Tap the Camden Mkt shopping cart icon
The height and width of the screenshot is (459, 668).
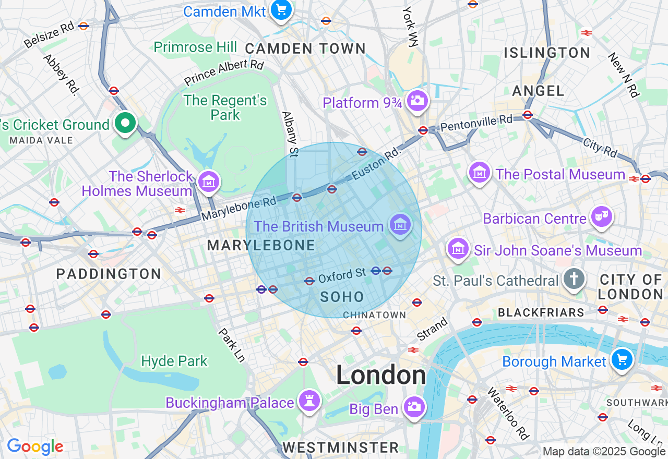[281, 9]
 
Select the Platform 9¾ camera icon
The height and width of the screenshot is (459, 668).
[417, 100]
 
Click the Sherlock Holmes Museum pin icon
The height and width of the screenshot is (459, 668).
[209, 182]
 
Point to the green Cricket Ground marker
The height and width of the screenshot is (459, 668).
[125, 124]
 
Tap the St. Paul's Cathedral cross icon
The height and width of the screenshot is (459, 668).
[574, 279]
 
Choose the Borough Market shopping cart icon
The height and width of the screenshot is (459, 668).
[622, 359]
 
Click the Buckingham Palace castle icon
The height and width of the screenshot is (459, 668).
[309, 401]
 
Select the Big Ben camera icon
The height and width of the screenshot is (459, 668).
[414, 406]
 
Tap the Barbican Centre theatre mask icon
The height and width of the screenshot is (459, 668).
[601, 216]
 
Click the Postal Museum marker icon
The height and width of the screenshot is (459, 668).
[479, 172]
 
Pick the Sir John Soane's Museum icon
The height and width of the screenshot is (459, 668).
[458, 248]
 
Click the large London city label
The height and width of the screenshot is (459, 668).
[380, 375]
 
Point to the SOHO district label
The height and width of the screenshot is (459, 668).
[342, 297]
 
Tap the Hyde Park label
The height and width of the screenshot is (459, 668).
[174, 361]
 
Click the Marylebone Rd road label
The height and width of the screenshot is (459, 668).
[238, 208]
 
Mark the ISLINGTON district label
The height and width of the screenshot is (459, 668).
[546, 53]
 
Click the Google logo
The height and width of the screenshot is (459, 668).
[35, 447]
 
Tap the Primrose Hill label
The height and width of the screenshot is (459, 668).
[195, 47]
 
